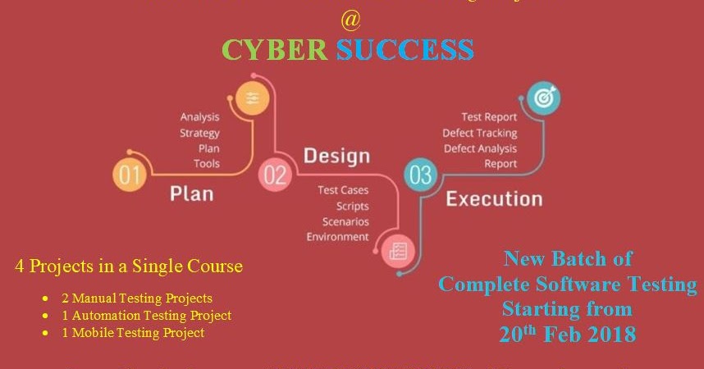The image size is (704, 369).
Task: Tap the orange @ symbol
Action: coord(350,18)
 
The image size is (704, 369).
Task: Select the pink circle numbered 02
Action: coord(274,174)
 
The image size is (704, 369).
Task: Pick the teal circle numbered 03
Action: coord(419,174)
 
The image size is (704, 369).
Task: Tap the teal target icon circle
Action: coord(542,98)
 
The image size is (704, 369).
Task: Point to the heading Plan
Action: coord(191,194)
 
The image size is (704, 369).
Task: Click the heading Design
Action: coord(336,155)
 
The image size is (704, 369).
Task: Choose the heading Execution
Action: coord(493,198)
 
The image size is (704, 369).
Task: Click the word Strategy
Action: coord(199,133)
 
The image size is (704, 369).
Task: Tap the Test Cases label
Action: coord(343,190)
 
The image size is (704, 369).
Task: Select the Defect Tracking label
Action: coord(479,133)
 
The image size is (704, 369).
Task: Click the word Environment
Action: coord(337,237)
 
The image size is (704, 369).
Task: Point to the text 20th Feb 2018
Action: coord(567,334)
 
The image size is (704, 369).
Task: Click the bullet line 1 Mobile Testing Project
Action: coord(132,333)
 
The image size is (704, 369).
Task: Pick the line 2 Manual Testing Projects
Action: coord(136,298)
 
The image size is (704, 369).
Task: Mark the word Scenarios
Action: coord(345,221)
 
